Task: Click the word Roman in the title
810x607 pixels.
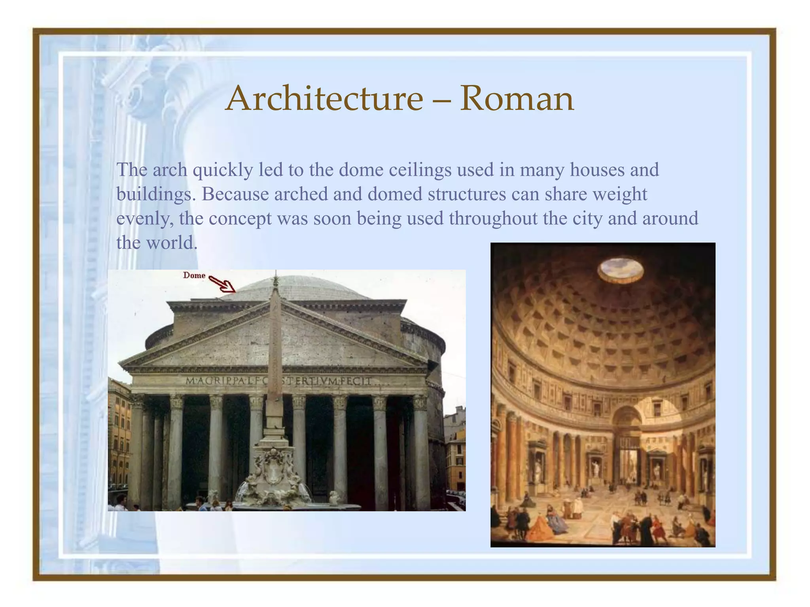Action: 516,98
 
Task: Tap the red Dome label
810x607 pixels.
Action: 194,275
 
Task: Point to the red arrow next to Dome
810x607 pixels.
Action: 222,283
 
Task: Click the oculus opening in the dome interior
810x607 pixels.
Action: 621,270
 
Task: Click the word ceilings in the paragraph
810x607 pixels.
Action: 420,170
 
